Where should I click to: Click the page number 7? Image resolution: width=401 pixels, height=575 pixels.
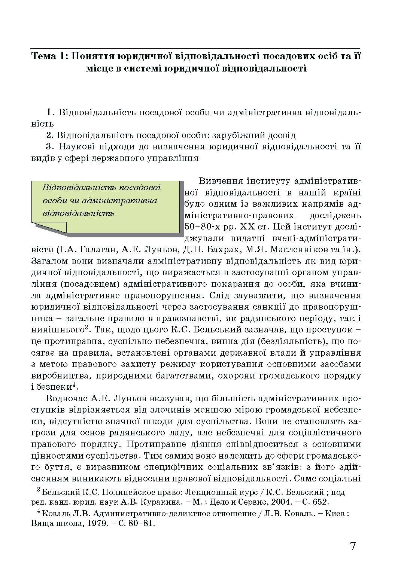pos(352,546)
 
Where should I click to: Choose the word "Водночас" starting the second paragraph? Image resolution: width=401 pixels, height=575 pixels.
pos(65,398)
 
